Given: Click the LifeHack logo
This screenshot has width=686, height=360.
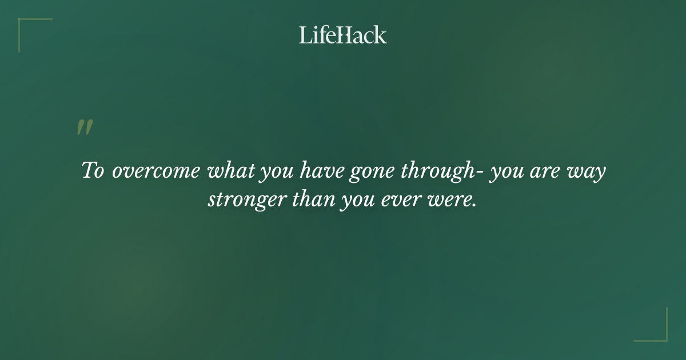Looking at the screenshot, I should click(343, 35).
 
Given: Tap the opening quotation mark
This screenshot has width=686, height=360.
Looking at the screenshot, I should click(85, 127).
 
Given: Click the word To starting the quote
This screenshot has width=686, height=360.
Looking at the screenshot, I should click(93, 171).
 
